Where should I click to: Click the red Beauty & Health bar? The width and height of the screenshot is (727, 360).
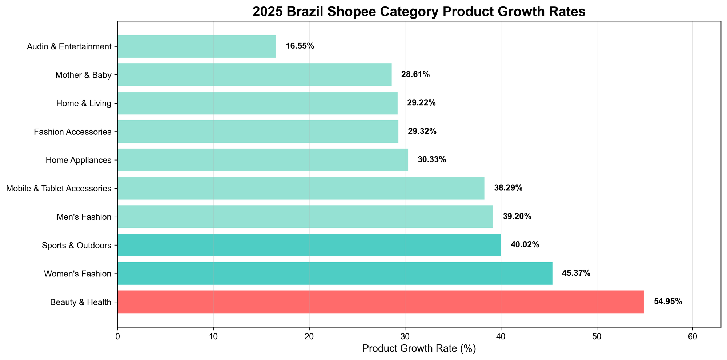coord(381,302)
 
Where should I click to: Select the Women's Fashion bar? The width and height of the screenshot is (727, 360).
coord(334,274)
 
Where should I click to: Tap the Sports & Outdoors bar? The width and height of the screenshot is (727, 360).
coord(309,245)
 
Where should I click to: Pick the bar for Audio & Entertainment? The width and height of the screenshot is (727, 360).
coord(196,46)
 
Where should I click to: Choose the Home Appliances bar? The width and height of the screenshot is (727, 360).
coord(262,160)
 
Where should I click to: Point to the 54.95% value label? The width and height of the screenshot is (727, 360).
coord(668,302)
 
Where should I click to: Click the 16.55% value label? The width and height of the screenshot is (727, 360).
coord(300,46)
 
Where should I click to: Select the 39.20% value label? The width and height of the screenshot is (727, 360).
coord(517,217)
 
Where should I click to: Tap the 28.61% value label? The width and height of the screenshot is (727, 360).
coord(415,75)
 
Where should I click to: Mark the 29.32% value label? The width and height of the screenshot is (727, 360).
coord(422,132)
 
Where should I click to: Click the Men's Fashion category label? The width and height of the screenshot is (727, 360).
coord(84,217)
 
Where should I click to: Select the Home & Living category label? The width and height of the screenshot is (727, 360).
coord(84,104)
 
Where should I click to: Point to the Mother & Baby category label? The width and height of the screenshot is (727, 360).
coord(83,75)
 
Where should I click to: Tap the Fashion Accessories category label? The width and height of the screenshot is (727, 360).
coord(73,132)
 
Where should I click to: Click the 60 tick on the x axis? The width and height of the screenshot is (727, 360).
coord(692,335)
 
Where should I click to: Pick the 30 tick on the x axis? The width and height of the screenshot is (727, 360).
coord(405,335)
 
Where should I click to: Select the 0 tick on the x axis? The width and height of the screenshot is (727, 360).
coord(117,335)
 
